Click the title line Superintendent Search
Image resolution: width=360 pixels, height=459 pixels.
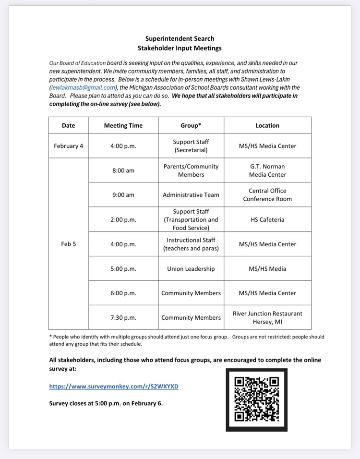(180, 38)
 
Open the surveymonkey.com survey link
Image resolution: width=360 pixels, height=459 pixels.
(114, 386)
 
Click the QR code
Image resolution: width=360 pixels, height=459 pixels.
(256, 399)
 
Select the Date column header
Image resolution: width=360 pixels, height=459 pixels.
(69, 125)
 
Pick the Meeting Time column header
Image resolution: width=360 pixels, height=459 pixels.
(123, 125)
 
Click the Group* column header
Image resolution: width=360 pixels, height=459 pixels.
(191, 125)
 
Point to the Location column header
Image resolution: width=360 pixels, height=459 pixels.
(267, 125)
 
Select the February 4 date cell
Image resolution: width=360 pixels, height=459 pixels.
(69, 146)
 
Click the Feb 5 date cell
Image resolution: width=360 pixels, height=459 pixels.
(69, 244)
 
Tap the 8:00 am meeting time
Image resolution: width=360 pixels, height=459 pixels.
(123, 170)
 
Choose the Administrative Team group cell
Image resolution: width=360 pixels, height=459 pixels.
(191, 195)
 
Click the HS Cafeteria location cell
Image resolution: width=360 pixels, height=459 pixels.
(267, 219)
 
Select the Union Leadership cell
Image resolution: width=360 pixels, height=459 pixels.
(191, 269)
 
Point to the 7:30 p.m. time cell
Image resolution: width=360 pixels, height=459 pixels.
(123, 317)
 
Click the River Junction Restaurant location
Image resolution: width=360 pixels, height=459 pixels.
(267, 317)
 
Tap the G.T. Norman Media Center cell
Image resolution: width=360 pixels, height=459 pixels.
(267, 170)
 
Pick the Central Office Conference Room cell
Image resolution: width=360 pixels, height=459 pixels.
(267, 195)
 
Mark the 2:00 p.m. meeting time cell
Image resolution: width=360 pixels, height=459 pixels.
(123, 219)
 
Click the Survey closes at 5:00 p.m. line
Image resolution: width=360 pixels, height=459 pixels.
(106, 403)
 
